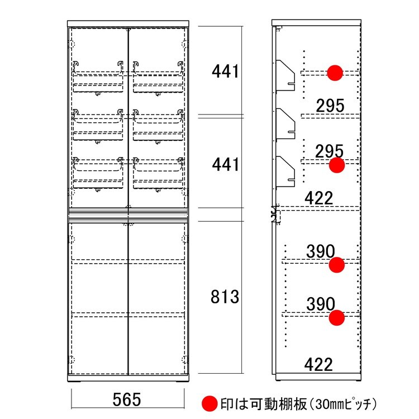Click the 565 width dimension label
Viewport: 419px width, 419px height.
click(x=127, y=400)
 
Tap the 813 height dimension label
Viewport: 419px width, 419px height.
click(x=225, y=297)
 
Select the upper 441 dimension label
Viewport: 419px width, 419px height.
click(x=225, y=72)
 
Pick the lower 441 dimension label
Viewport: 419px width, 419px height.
click(x=225, y=164)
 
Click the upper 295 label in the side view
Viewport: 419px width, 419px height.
click(x=330, y=106)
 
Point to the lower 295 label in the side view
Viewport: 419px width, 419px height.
click(x=329, y=151)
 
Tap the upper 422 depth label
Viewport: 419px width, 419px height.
click(x=319, y=198)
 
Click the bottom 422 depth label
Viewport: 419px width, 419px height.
click(x=318, y=364)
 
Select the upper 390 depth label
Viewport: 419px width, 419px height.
click(x=321, y=251)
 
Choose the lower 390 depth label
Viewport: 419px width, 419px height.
click(x=321, y=304)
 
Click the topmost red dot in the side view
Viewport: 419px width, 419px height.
click(x=335, y=73)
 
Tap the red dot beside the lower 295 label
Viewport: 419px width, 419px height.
click(x=337, y=165)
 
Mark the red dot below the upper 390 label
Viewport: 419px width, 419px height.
click(x=337, y=265)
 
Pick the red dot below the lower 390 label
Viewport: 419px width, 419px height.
click(x=337, y=318)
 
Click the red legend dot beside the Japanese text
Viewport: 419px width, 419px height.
click(x=209, y=403)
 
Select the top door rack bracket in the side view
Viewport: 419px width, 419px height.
click(x=285, y=75)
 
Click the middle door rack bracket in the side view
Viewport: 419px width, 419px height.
click(x=285, y=123)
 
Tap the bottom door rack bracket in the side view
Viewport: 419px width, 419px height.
click(x=285, y=172)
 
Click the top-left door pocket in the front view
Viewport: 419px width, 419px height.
click(x=98, y=78)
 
